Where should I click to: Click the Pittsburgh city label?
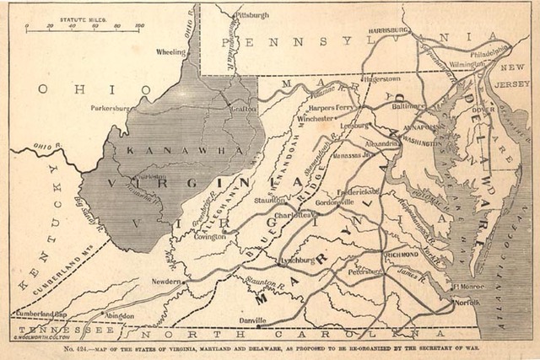pyautogui.click(x=252, y=15)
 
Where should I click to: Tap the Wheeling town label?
pyautogui.click(x=170, y=52)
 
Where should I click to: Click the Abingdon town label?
pyautogui.click(x=119, y=314)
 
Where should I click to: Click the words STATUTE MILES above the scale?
pyautogui.click(x=83, y=17)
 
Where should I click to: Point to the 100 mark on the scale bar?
pyautogui.click(x=138, y=26)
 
